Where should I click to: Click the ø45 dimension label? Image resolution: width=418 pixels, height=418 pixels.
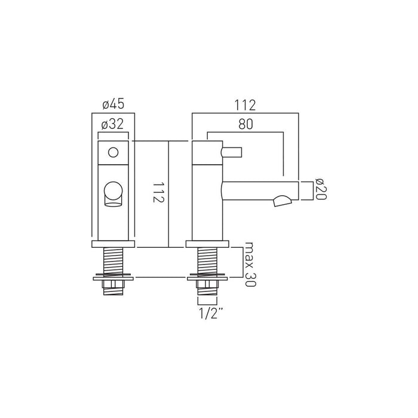pos(113,104)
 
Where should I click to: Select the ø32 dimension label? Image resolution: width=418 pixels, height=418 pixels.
pos(112,124)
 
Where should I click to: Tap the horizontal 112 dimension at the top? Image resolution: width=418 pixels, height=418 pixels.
pos(245,105)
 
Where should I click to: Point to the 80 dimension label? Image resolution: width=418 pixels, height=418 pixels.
pos(245,124)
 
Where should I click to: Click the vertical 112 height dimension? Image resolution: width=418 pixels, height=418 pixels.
pos(158,192)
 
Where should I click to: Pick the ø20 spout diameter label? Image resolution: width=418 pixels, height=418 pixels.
pos(321,189)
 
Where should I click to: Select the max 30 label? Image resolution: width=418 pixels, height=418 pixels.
pos(250,264)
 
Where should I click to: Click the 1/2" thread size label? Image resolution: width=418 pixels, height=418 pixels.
pos(211,313)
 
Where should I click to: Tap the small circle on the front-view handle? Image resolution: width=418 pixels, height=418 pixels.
pos(113,152)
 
